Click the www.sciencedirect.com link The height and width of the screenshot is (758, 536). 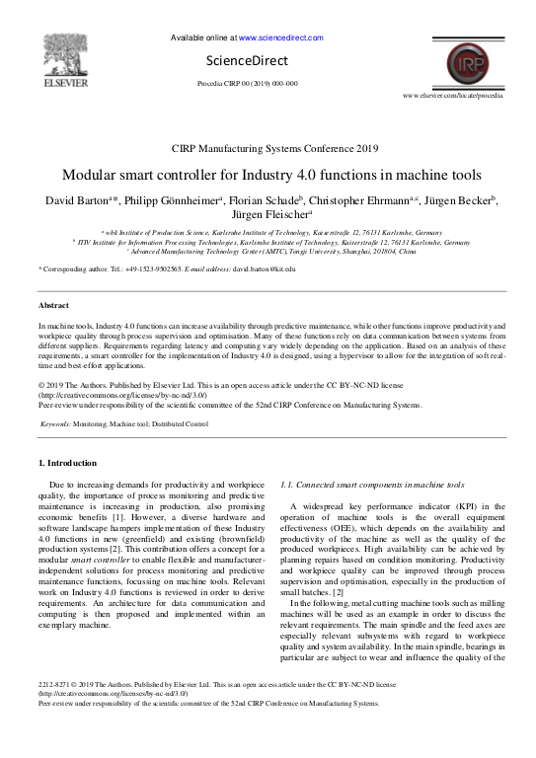281,38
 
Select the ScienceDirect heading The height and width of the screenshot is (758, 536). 261,59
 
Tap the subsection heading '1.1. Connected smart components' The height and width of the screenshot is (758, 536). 372,486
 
